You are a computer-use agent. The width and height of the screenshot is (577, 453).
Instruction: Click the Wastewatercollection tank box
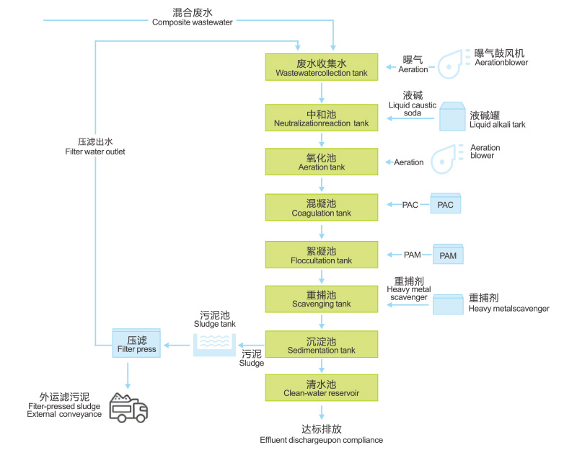322,66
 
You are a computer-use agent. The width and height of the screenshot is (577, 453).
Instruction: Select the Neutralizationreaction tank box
322,118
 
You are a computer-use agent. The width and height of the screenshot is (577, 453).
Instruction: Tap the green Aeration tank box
322,162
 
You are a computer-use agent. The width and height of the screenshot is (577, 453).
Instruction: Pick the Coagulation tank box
322,208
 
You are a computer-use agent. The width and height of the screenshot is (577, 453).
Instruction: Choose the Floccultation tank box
322,255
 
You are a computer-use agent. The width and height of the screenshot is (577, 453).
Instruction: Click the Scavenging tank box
322,299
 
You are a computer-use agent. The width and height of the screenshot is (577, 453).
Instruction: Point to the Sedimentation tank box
322,345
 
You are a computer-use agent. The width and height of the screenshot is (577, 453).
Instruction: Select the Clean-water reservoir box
322,388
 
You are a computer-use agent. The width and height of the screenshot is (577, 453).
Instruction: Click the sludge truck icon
128,407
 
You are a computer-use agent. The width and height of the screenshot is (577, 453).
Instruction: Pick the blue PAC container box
445,204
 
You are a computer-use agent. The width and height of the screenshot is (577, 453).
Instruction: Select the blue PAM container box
448,255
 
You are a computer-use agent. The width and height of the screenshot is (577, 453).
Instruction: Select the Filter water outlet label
94,146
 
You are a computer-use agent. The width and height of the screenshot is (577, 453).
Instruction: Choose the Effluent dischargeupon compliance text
322,434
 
